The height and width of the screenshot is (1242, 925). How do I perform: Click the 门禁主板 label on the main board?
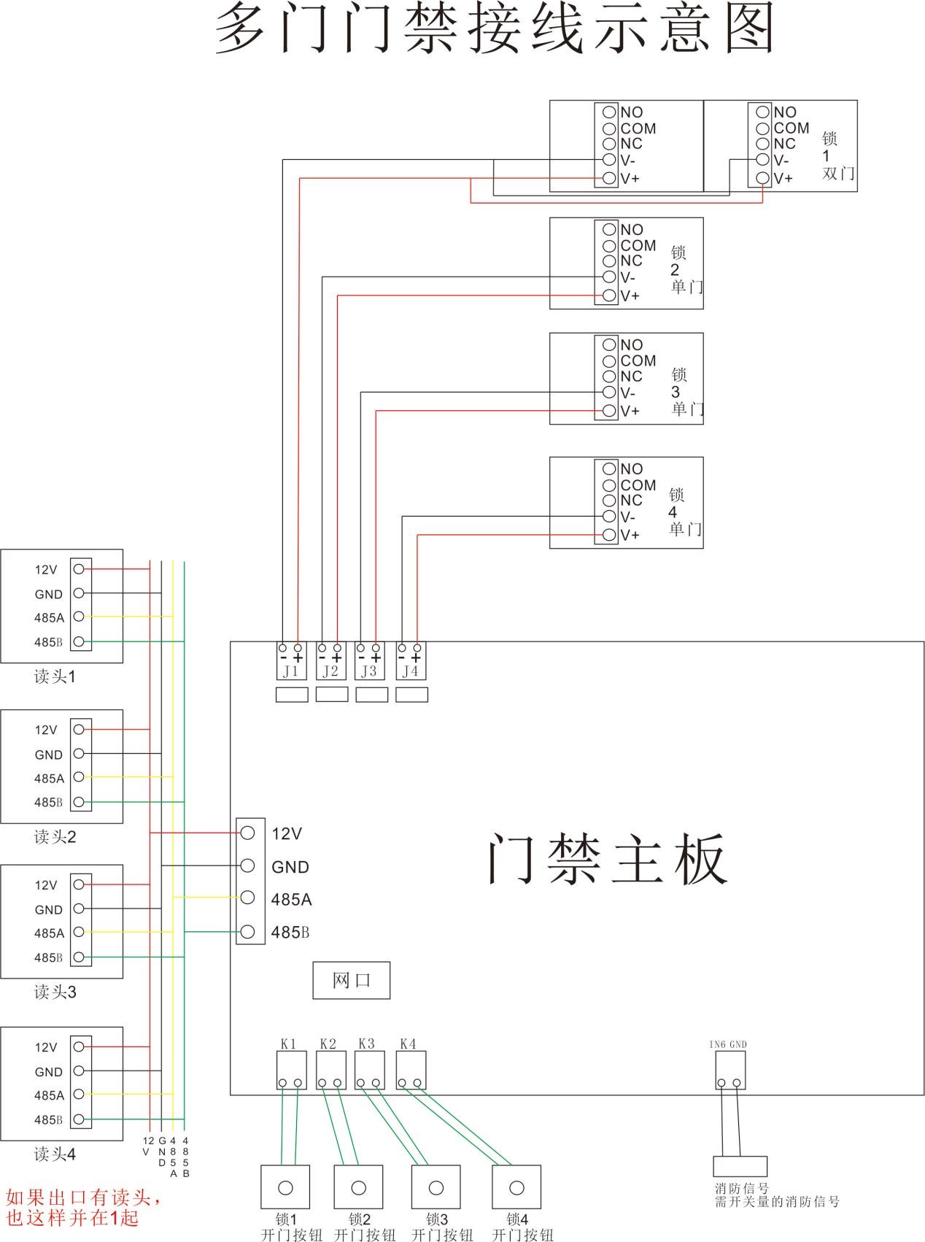607,859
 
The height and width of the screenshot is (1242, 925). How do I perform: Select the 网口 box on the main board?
351,980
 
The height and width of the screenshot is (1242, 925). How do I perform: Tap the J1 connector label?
291,671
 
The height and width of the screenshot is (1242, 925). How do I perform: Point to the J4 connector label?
411,671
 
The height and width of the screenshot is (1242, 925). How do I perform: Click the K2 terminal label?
328,1044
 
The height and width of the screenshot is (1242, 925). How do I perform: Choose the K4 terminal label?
408,1044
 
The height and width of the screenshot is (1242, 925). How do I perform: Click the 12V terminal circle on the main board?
247,833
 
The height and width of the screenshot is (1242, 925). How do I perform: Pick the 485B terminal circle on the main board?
247,931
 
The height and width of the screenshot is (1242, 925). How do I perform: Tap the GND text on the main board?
290,867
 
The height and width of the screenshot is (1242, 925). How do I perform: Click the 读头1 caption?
55,676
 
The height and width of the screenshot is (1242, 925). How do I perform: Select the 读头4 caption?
55,1154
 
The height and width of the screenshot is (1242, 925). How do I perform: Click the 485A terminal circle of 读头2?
79,777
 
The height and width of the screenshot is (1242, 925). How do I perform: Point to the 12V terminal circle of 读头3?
79,884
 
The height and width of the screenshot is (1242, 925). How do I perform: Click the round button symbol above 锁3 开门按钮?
436,1187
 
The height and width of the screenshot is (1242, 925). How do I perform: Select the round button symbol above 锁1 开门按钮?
285,1187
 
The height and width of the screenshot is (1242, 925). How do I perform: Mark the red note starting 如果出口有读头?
82,1207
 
